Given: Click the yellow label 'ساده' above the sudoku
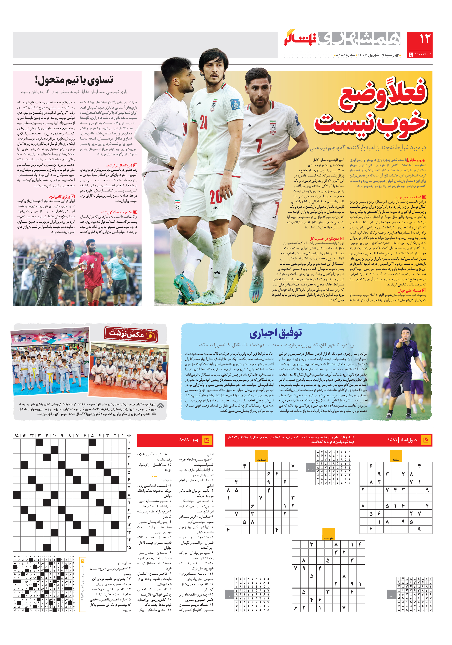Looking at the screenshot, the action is click(396, 460).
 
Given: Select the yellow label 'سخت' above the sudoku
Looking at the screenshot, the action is click(261, 460).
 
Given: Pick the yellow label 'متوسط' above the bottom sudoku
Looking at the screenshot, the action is click(328, 538).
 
